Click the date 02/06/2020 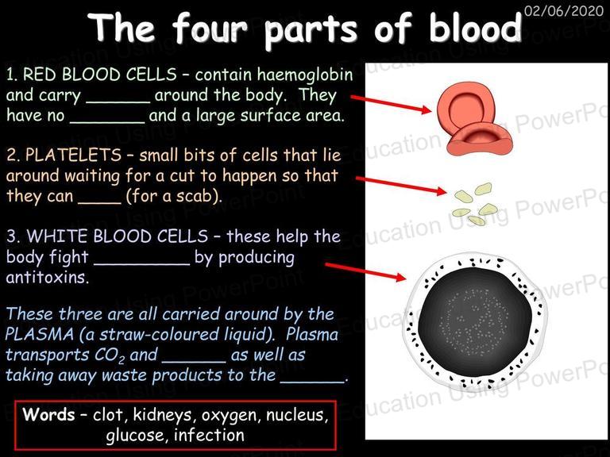pos(563,10)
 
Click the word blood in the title pos(475,28)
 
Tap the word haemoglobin pos(305,75)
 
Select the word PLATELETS pos(74,155)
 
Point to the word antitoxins pos(47,278)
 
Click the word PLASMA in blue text pos(39,334)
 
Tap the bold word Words pos(48,414)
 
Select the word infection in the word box pos(210,435)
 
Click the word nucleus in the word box pos(297,415)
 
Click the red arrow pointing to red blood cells pos(391,104)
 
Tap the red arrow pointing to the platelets pos(401,185)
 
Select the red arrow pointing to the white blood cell pos(365,271)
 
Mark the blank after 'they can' pos(100,202)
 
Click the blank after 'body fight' pos(142,264)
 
